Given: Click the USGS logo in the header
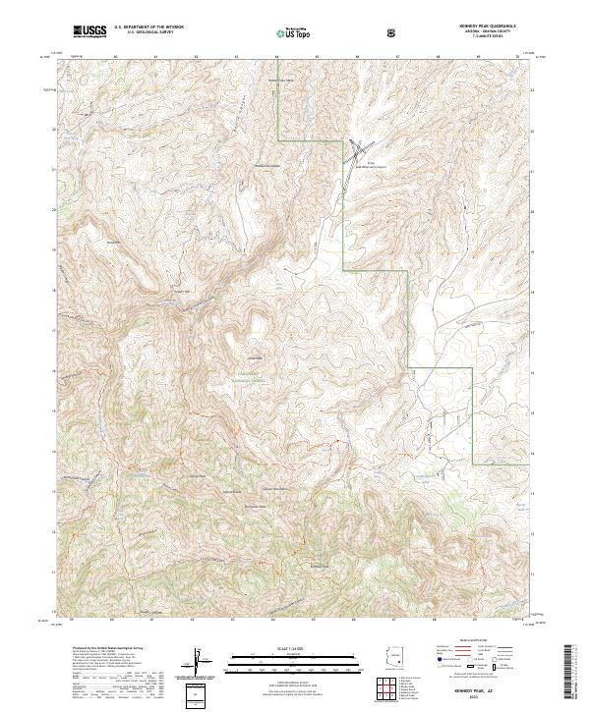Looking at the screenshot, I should (89, 32).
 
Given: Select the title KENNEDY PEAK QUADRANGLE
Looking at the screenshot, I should (487, 26).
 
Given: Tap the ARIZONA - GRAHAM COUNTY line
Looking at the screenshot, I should (487, 32).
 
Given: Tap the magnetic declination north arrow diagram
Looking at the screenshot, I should (200, 662).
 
